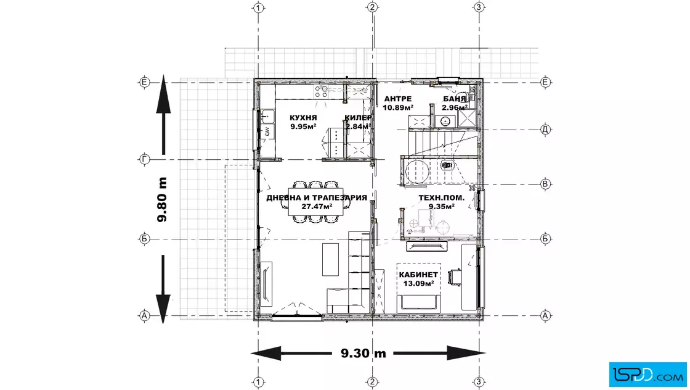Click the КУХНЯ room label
pyautogui.click(x=303, y=118)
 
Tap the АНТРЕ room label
pyautogui.click(x=398, y=99)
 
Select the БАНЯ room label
pyautogui.click(x=455, y=99)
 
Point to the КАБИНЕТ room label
pyautogui.click(x=418, y=275)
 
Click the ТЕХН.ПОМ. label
pyautogui.click(x=441, y=198)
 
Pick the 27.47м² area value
pyautogui.click(x=317, y=206)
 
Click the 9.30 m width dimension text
pyautogui.click(x=363, y=353)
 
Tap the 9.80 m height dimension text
pyautogui.click(x=162, y=199)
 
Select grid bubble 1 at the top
pyautogui.click(x=259, y=7)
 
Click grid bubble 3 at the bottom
pyautogui.click(x=479, y=381)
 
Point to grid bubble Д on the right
pyautogui.click(x=545, y=130)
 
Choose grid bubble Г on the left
pyautogui.click(x=144, y=159)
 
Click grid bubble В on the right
pyautogui.click(x=545, y=184)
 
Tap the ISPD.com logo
pyautogui.click(x=647, y=374)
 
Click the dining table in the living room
pyautogui.click(x=315, y=202)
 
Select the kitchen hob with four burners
pyautogui.click(x=321, y=91)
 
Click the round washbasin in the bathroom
pyautogui.click(x=446, y=121)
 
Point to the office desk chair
pyautogui.click(x=454, y=276)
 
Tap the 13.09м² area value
pyautogui.click(x=418, y=283)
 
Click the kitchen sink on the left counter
pyautogui.click(x=267, y=117)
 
